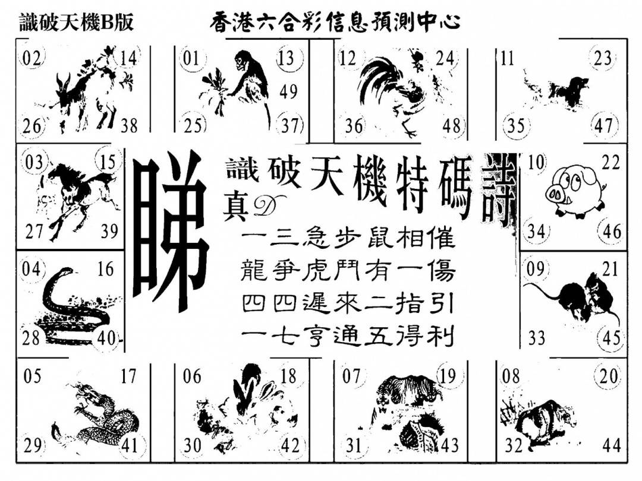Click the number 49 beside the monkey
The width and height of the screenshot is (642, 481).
288,91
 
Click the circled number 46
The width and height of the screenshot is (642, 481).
612,232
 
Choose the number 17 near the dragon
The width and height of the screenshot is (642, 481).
128,376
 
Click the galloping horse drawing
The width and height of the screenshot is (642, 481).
78,197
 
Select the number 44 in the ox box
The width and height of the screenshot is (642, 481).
611,445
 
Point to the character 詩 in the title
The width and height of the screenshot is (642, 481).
498,189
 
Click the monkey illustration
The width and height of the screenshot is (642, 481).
237,88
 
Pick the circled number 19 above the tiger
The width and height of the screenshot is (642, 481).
448,375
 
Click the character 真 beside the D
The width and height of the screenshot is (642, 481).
236,208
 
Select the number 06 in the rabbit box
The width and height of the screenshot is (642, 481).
192,376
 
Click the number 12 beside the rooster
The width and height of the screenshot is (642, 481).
348,58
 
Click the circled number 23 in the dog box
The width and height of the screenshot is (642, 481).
603,58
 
